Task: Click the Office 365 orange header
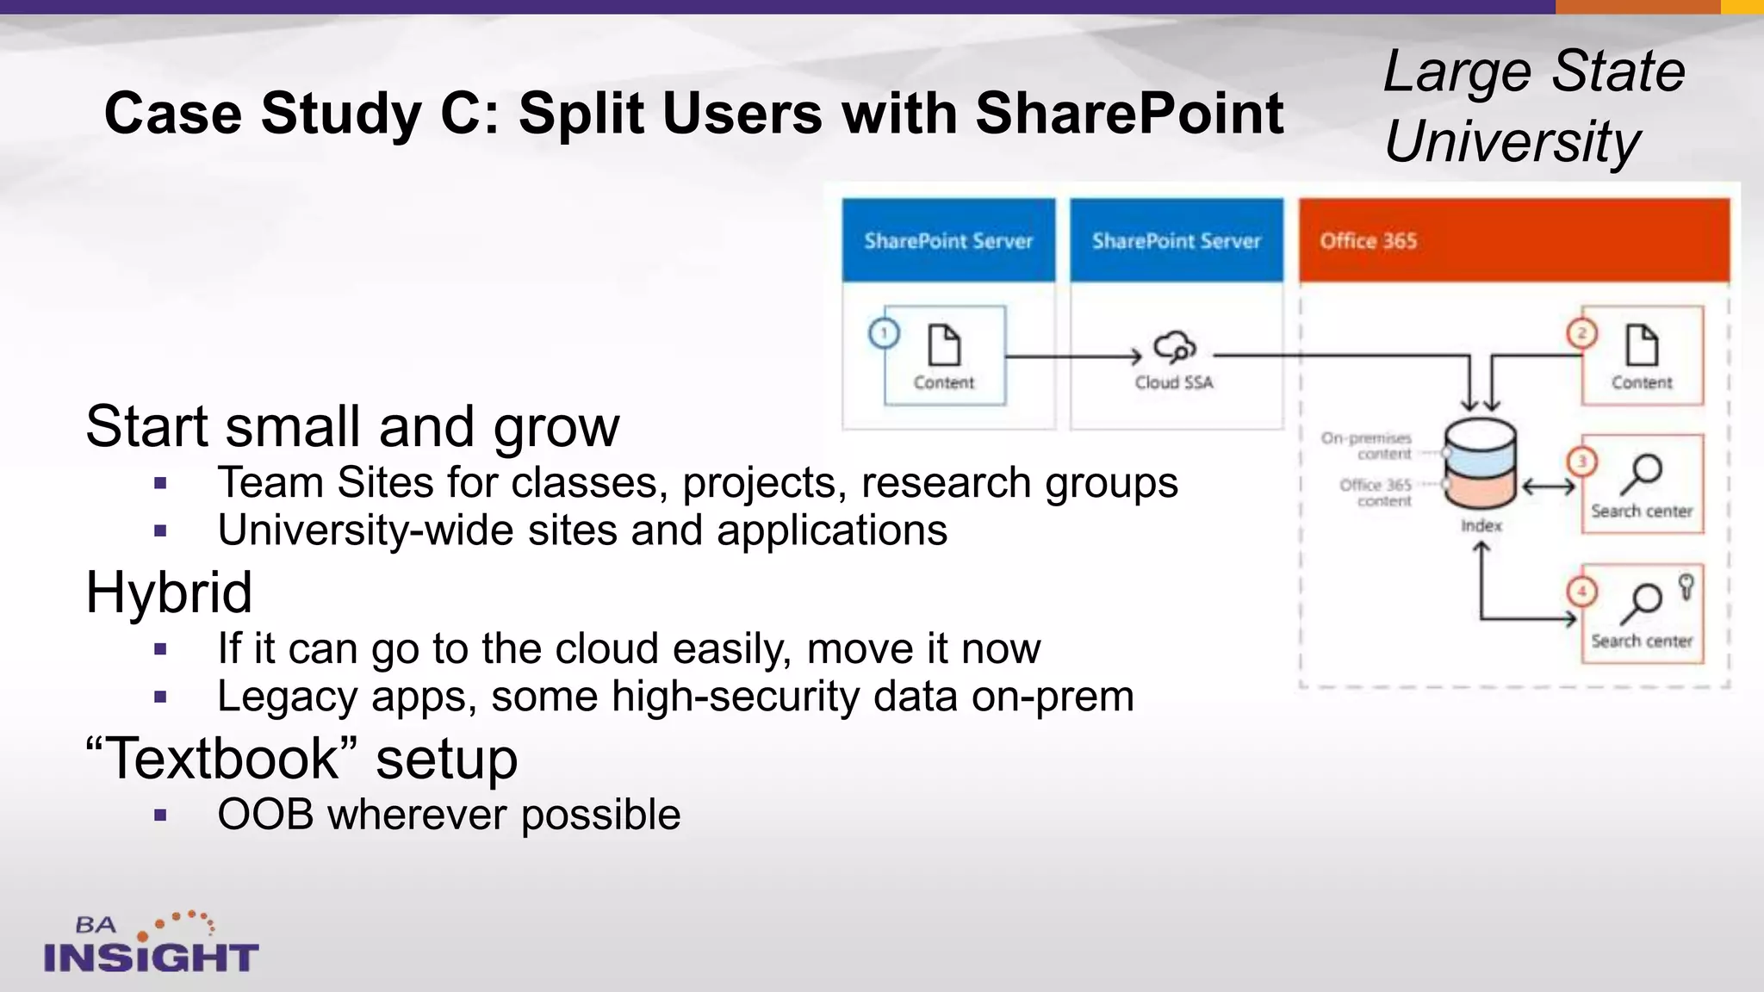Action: coord(1513,240)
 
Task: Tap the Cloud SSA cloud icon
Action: coord(1174,347)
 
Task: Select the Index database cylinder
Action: coord(1480,464)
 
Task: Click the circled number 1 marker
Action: coord(884,333)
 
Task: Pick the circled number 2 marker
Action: coord(1581,333)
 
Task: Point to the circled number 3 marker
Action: coord(1581,462)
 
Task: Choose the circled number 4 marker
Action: coord(1581,592)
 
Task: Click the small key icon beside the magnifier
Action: coord(1686,587)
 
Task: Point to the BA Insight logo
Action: coord(151,944)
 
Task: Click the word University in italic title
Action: coord(1512,142)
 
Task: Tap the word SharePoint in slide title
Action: coord(1129,114)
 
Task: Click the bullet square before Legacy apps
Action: coord(160,697)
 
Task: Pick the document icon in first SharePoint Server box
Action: coord(944,345)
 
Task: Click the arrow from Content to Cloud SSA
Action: coord(1073,356)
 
